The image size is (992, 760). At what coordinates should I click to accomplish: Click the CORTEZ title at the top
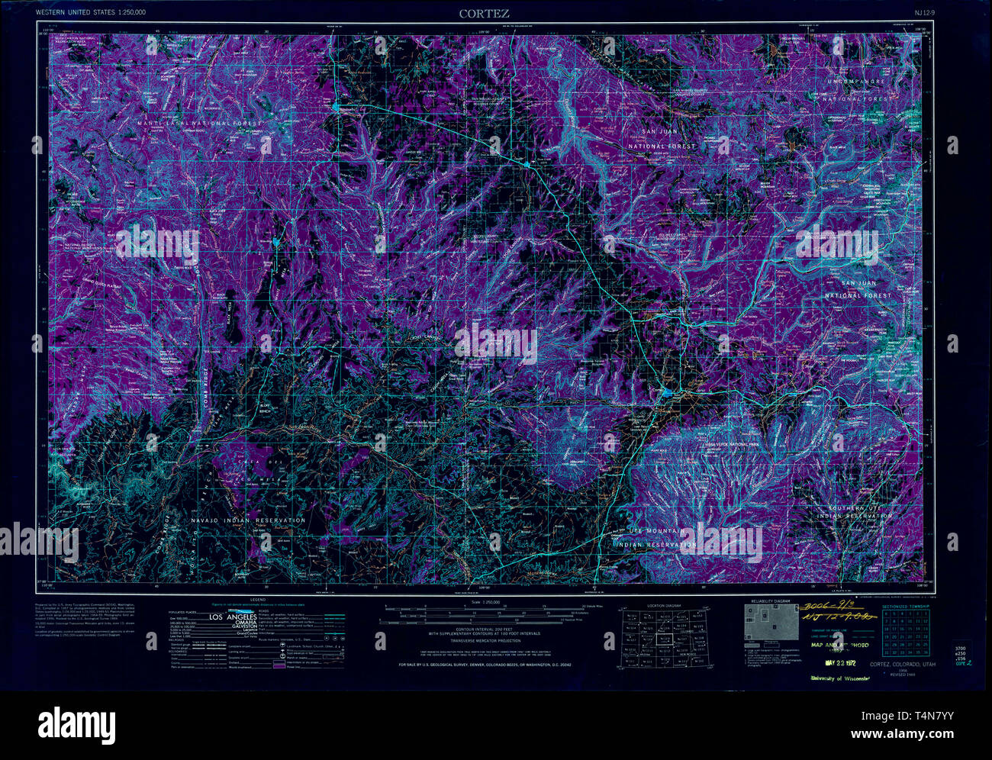[484, 13]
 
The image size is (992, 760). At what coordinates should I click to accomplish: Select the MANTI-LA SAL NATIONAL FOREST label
[199, 123]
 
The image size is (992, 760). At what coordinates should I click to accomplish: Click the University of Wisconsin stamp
[840, 678]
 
